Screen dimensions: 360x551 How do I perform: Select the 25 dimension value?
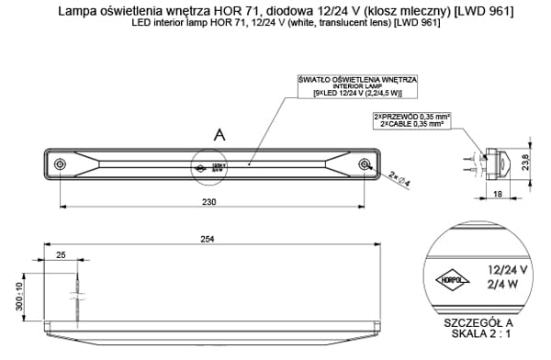tap(61, 254)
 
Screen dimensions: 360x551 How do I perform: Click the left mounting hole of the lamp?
tap(60, 164)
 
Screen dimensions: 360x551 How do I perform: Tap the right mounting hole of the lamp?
tap(365, 164)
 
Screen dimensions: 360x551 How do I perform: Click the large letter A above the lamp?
tap(219, 135)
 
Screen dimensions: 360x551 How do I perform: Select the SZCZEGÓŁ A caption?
tap(478, 324)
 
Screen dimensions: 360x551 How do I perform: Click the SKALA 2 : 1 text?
tap(478, 337)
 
